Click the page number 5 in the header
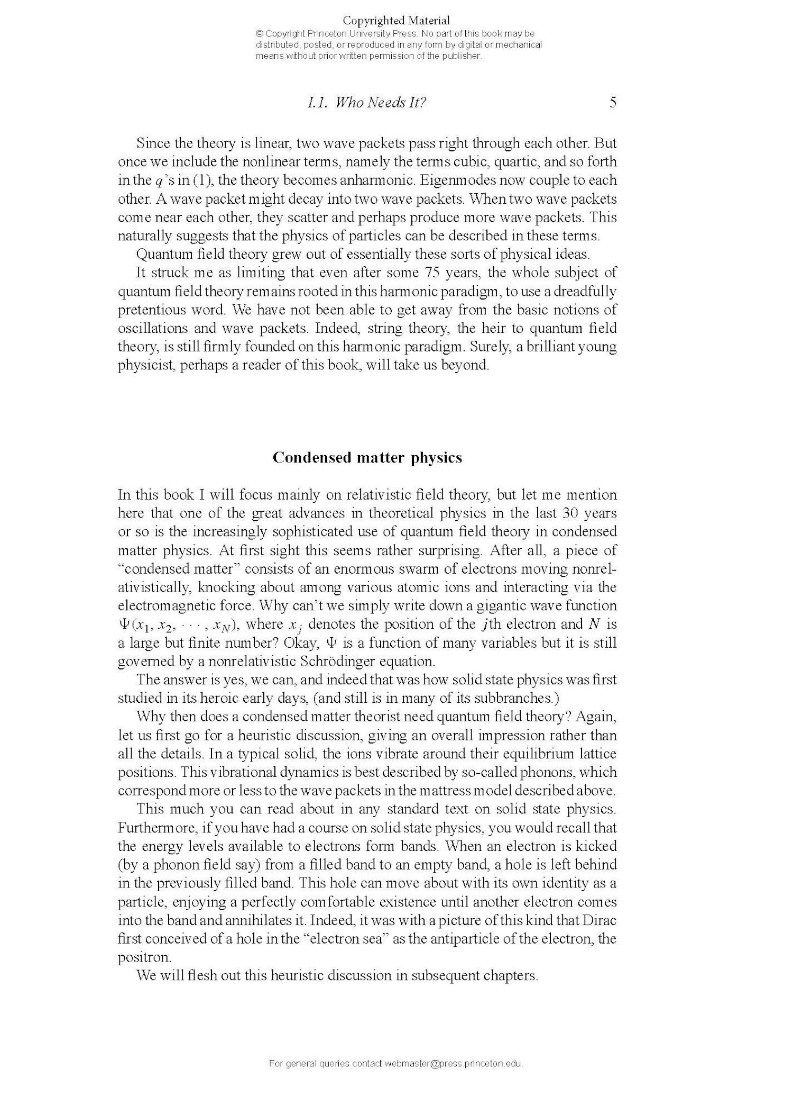point(613,102)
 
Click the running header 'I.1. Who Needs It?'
point(366,102)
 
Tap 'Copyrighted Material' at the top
point(396,21)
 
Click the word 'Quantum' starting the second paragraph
point(159,254)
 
